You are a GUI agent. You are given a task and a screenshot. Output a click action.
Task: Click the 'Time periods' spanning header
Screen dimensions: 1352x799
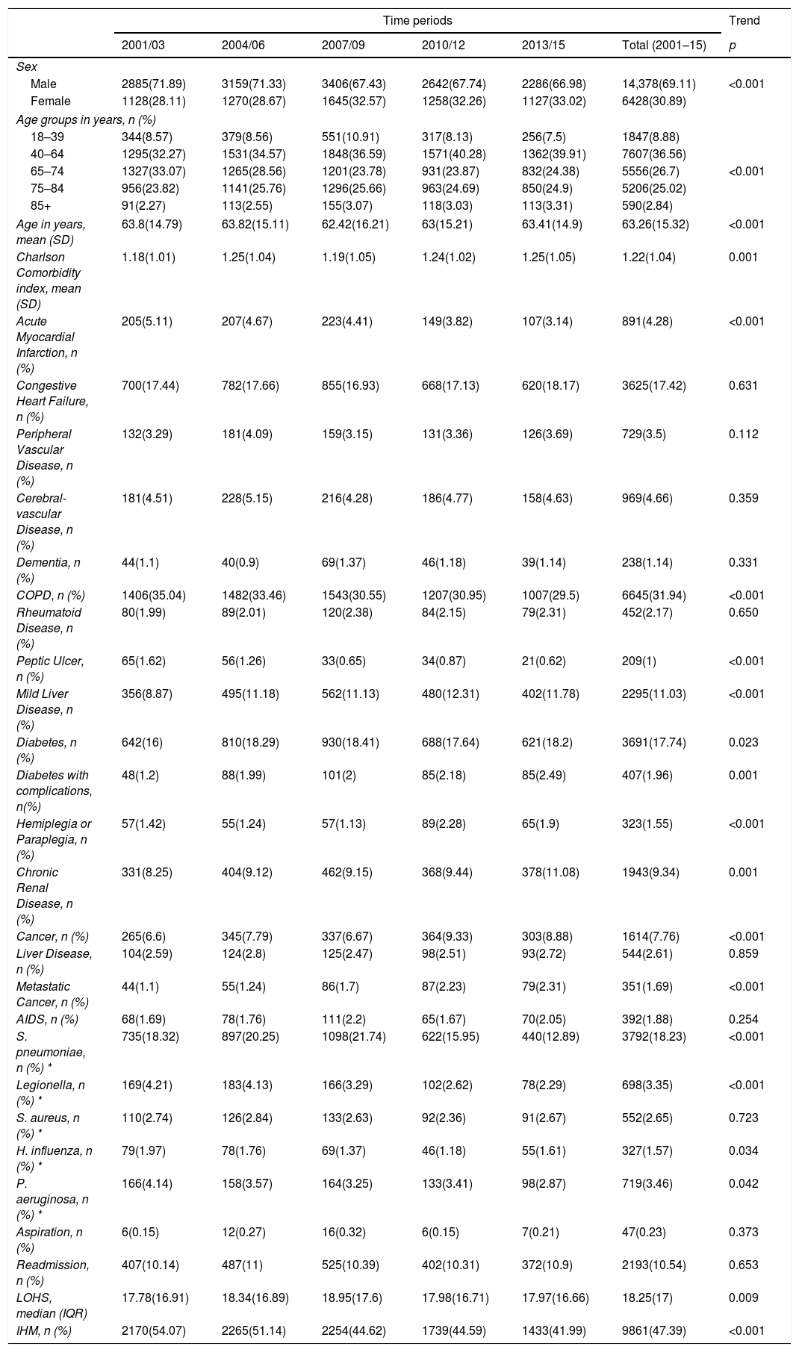[417, 21]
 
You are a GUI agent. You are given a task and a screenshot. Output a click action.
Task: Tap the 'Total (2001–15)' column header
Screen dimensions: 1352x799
[664, 46]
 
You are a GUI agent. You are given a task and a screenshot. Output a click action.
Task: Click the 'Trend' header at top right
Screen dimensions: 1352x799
[744, 21]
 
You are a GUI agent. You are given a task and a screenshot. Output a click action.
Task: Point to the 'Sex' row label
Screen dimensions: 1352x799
[25, 67]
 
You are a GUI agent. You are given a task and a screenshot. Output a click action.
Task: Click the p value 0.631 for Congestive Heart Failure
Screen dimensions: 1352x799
[743, 386]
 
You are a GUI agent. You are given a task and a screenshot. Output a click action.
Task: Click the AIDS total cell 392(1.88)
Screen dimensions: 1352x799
[647, 1019]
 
